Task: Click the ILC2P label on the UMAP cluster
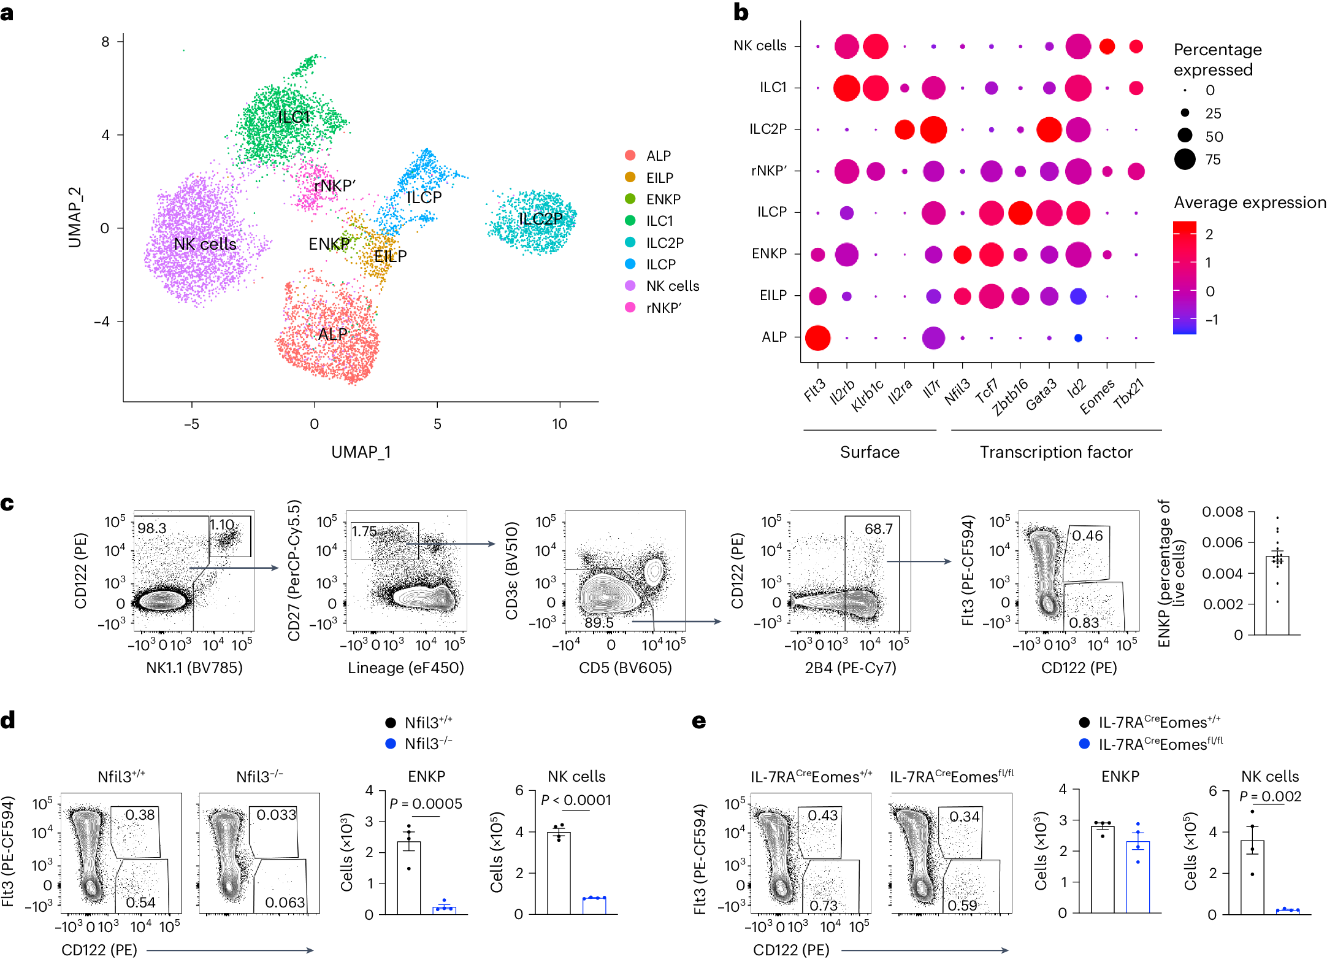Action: tap(540, 219)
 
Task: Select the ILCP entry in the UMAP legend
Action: tap(660, 264)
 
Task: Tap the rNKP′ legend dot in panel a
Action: tap(630, 307)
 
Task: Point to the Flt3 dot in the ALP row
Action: tap(817, 337)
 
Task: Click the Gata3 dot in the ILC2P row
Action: tap(1049, 130)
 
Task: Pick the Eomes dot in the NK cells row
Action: tap(1107, 46)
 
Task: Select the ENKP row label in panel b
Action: tap(769, 253)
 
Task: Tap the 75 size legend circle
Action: tap(1185, 160)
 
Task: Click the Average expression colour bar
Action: tap(1184, 277)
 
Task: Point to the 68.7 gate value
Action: tap(878, 528)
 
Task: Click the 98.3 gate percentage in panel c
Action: tap(151, 528)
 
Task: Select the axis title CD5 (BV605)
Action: tap(625, 668)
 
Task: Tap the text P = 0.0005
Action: tap(426, 804)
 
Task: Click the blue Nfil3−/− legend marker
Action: tap(391, 744)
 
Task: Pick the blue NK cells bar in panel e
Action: tap(1287, 911)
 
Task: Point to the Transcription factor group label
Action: tap(1055, 452)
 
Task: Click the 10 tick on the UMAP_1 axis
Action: tap(559, 424)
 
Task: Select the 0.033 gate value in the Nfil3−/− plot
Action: tap(276, 815)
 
